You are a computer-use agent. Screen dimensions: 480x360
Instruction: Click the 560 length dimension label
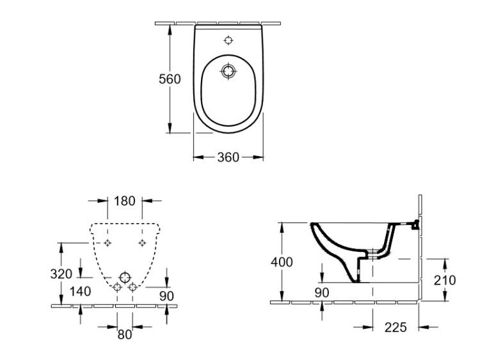pos(170,79)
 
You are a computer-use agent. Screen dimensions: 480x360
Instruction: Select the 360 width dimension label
pos(228,157)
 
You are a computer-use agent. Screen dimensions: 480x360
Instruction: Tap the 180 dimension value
pos(125,201)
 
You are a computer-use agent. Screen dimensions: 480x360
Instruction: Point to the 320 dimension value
pos(61,274)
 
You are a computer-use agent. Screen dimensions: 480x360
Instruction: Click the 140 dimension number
pos(80,292)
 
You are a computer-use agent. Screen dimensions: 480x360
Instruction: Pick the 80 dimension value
pos(125,334)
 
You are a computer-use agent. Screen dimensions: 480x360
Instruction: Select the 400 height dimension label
pos(282,262)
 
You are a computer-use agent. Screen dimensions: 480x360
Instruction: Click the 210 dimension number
pos(445,280)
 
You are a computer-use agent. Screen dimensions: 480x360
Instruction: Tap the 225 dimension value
pos(396,327)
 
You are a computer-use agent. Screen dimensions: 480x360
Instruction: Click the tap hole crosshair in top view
pos(228,40)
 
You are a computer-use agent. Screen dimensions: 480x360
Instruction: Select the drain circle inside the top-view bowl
pos(228,71)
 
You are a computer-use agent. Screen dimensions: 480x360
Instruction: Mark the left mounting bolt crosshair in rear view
pos(108,243)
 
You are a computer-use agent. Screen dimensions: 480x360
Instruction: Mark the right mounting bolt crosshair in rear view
pos(142,243)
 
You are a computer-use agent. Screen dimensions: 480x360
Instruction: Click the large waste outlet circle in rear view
pos(125,278)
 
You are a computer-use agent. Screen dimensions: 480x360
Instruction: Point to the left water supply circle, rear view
pos(117,287)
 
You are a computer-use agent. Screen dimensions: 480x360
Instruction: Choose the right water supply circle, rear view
pos(132,287)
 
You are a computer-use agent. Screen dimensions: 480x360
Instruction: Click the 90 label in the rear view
pos(166,296)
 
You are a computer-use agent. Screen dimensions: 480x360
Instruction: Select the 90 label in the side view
pos(322,293)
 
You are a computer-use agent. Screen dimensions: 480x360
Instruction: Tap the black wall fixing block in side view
pos(415,224)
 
